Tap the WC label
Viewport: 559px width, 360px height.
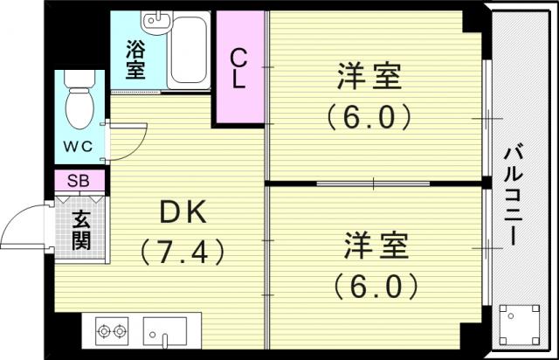78,146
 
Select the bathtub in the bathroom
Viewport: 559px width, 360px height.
188,50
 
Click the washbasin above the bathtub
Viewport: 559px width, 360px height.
156,22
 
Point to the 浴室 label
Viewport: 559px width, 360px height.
135,60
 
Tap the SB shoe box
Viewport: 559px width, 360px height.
79,181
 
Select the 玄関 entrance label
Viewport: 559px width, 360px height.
81,230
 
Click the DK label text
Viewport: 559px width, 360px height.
183,212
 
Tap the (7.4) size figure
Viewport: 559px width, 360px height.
183,253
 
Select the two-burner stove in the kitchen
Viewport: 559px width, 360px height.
112,331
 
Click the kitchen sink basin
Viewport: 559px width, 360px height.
165,331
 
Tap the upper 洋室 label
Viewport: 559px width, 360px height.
369,76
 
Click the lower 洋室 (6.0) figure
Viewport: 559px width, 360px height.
376,287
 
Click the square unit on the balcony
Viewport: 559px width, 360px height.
519,324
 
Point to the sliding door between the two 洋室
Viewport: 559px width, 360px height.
373,183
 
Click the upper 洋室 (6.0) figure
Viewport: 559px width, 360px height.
369,117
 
